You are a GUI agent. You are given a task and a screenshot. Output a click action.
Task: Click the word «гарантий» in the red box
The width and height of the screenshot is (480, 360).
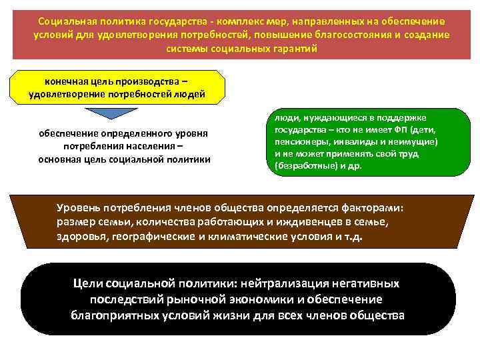(291, 49)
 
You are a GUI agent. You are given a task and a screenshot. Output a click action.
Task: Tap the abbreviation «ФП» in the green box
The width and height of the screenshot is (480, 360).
(398, 130)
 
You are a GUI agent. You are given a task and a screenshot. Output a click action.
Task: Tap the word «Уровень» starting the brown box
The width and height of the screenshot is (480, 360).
(79, 207)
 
